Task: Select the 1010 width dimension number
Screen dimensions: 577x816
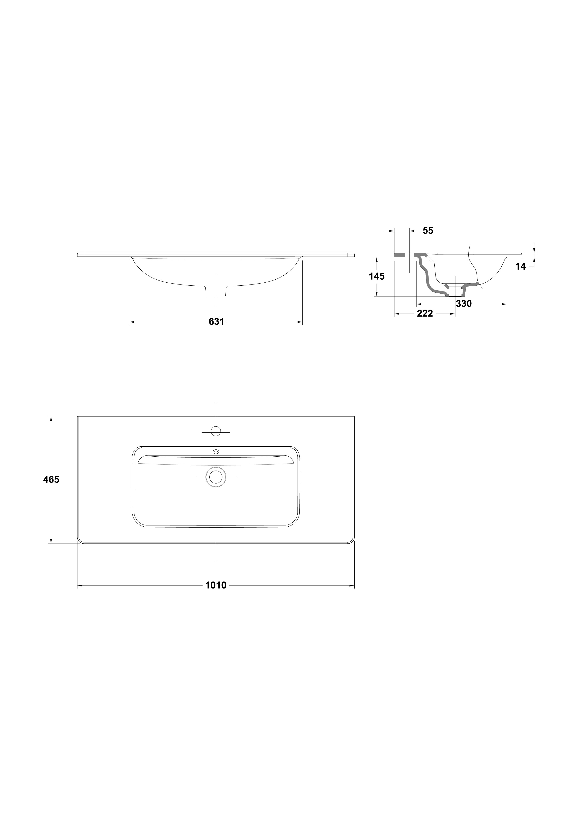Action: tap(216, 585)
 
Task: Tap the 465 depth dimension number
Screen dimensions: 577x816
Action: tap(51, 479)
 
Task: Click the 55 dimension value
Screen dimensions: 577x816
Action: tap(428, 231)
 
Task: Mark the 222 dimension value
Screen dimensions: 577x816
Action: tap(425, 314)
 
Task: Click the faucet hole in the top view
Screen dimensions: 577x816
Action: tap(216, 431)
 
